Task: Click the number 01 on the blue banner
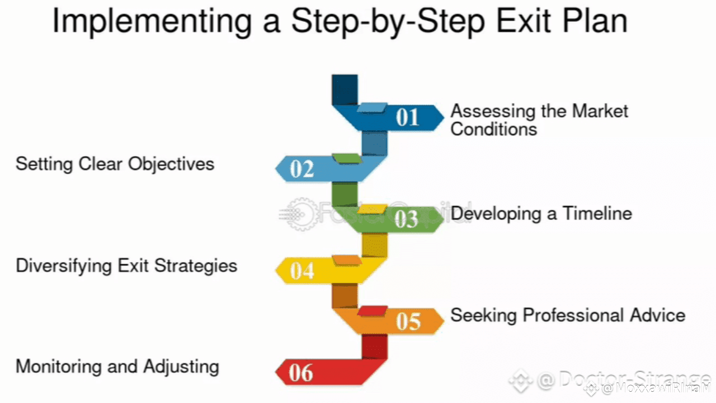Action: [x=407, y=118]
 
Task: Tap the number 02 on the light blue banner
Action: [x=302, y=168]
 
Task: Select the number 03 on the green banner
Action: [x=406, y=219]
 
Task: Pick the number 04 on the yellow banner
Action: [x=302, y=270]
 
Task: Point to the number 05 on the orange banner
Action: [x=408, y=321]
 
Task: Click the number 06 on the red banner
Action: [x=301, y=373]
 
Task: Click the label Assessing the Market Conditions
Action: [x=539, y=120]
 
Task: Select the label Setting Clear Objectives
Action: [x=115, y=164]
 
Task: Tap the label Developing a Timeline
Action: [x=541, y=213]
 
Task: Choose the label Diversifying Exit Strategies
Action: [x=126, y=265]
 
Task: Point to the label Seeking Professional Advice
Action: [x=568, y=315]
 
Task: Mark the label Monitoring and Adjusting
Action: [x=117, y=367]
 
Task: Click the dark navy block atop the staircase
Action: [x=344, y=90]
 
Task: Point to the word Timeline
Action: [x=597, y=213]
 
